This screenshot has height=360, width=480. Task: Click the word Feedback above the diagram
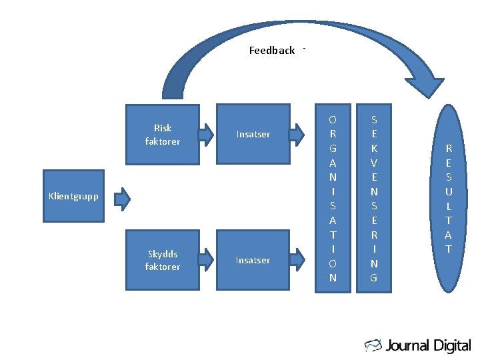click(x=271, y=51)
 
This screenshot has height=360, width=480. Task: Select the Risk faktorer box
click(x=163, y=134)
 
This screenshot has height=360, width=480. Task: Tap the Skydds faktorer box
click(x=163, y=261)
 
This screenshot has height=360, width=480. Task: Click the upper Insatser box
click(x=253, y=134)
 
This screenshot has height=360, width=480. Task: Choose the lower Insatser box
click(x=253, y=260)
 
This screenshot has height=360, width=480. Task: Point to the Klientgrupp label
click(x=73, y=196)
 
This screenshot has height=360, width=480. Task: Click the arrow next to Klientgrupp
click(x=121, y=198)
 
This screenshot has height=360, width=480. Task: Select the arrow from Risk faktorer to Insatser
click(x=208, y=133)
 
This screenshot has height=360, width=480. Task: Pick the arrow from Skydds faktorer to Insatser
click(x=208, y=259)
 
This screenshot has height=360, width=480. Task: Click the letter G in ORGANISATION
click(x=333, y=148)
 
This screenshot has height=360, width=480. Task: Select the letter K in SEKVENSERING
click(x=374, y=148)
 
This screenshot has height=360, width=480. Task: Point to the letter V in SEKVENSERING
click(x=374, y=163)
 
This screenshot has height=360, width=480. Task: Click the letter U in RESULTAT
click(x=449, y=191)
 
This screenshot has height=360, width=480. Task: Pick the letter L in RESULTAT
click(x=449, y=206)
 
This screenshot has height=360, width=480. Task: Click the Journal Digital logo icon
click(x=373, y=345)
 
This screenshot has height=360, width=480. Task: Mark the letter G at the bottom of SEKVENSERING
click(x=374, y=277)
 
